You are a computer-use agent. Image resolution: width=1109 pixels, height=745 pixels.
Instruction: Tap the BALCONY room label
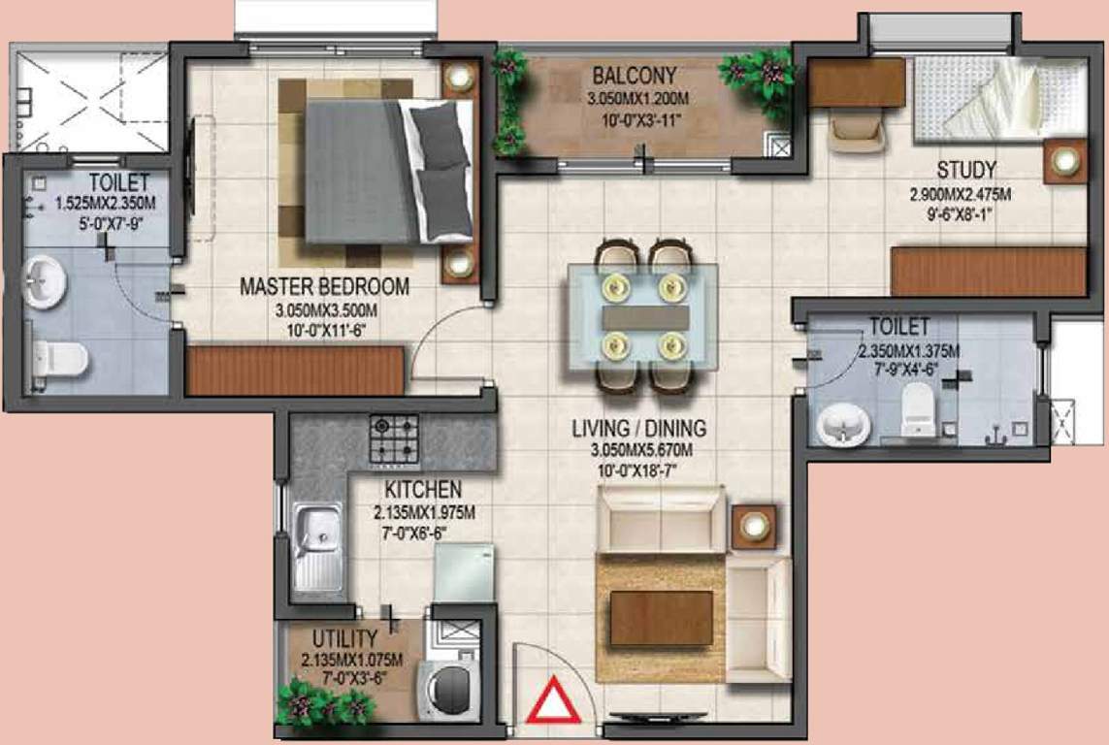coord(635,76)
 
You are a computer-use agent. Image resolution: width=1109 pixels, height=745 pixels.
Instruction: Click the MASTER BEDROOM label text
coord(324,287)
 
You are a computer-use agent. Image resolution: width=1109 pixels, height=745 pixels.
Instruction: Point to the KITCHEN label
coord(422,490)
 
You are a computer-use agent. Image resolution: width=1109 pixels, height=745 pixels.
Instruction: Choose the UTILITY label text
coord(344,638)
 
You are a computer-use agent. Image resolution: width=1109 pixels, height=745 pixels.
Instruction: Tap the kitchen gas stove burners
coord(394,439)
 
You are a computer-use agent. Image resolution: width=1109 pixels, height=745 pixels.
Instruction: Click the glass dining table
coord(644,316)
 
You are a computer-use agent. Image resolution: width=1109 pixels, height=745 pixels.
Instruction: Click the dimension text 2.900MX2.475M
coord(960,194)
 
